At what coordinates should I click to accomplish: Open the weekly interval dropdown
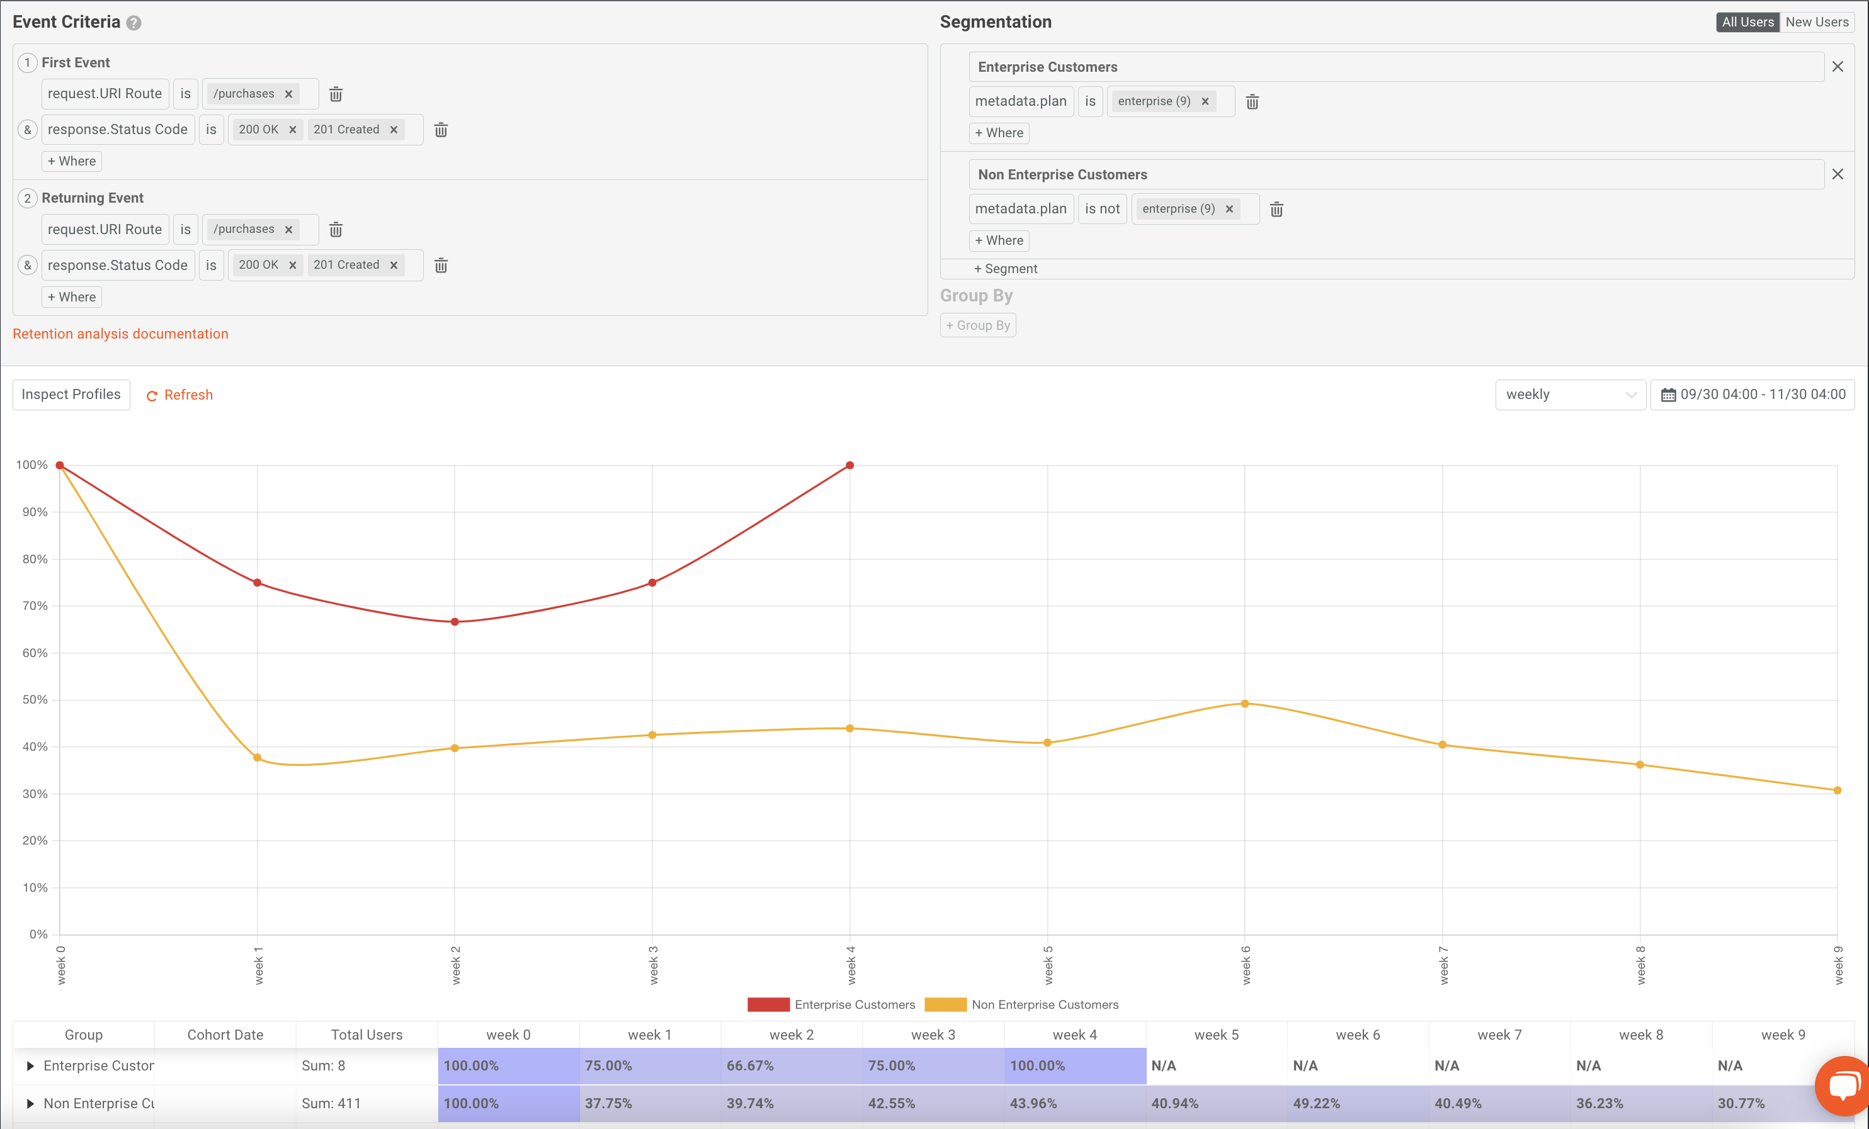tap(1569, 395)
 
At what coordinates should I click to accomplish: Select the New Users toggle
tap(1816, 22)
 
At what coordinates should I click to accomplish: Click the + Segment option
tap(1005, 269)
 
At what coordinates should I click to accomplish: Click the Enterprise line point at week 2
tap(455, 622)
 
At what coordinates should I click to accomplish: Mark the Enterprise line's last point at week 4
tap(849, 466)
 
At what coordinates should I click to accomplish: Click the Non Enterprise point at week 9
tap(1836, 790)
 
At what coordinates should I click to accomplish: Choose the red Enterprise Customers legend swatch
tap(768, 1004)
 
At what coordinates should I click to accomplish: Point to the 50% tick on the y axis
tap(35, 699)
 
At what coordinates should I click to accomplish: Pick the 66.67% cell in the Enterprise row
tap(791, 1065)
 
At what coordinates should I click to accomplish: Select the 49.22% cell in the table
tap(1357, 1103)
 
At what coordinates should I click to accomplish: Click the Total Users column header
tap(366, 1035)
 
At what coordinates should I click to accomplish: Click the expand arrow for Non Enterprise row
tap(30, 1103)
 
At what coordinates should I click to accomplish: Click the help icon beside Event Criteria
tap(134, 23)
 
